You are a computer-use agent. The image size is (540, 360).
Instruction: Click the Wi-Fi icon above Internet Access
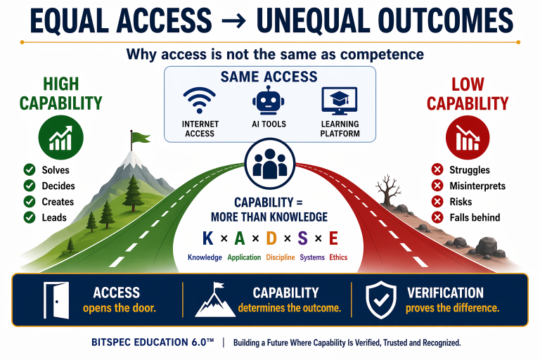point(200,101)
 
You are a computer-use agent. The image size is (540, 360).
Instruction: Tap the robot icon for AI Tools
point(269,101)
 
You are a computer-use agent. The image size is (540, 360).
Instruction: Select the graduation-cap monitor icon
point(339,101)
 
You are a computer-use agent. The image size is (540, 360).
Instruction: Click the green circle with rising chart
point(61,137)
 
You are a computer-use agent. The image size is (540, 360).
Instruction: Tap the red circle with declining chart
point(468,137)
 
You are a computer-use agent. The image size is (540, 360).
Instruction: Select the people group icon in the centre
point(270,164)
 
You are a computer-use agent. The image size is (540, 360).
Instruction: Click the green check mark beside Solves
point(30,170)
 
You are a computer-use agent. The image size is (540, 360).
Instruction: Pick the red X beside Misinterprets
point(437,186)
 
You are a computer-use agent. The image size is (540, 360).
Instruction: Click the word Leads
point(54,217)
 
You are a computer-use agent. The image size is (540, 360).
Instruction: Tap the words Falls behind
point(475,217)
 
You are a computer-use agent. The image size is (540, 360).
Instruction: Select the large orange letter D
point(271,238)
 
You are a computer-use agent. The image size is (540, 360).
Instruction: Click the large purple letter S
point(302,238)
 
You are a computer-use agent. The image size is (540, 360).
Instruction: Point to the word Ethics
point(338,257)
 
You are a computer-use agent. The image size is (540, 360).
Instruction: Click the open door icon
point(56,300)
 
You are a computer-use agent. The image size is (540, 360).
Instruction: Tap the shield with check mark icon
point(381,300)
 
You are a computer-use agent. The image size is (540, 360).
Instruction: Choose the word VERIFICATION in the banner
point(445,292)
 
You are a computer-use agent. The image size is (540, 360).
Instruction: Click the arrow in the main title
point(234,21)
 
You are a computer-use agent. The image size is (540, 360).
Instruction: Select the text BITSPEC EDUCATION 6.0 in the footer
point(153,342)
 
